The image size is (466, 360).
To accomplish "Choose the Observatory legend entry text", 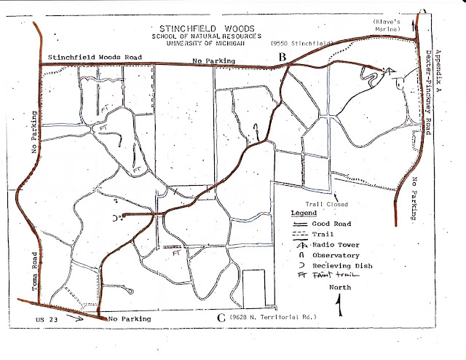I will click(333, 256).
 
